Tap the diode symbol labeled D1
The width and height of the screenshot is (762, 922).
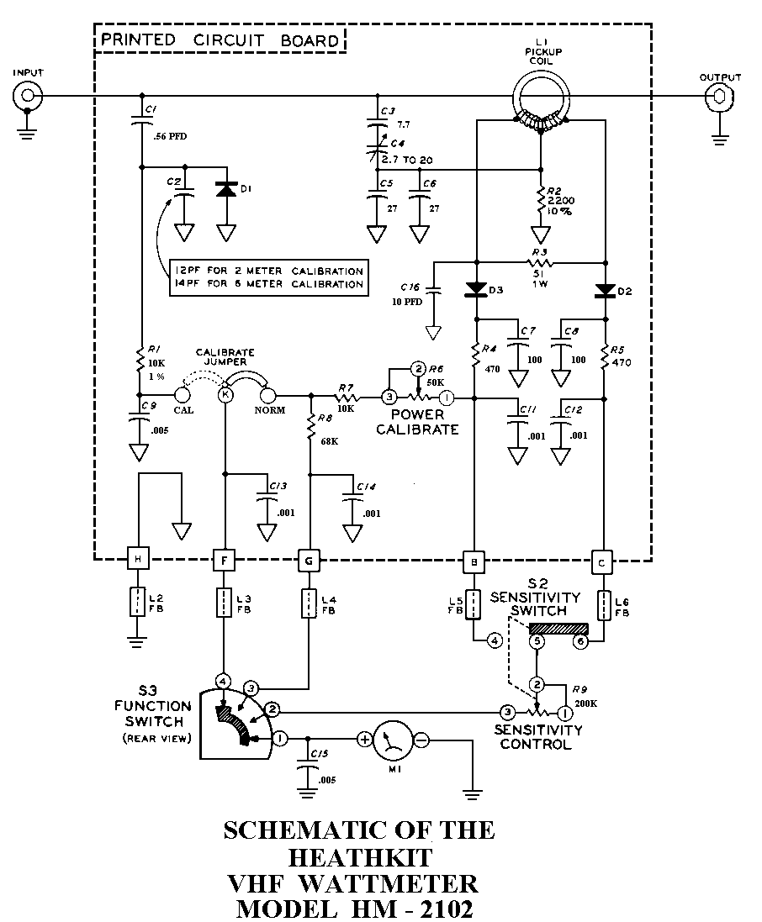click(x=225, y=190)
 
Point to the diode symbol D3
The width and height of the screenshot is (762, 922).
click(x=476, y=289)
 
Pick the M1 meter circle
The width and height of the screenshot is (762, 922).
click(x=393, y=740)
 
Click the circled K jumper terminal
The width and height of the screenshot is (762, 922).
click(x=225, y=394)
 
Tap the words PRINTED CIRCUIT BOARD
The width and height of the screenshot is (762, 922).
click(x=220, y=40)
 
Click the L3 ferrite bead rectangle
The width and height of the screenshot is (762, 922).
click(x=225, y=603)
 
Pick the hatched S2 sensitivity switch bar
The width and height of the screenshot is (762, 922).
click(x=558, y=628)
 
